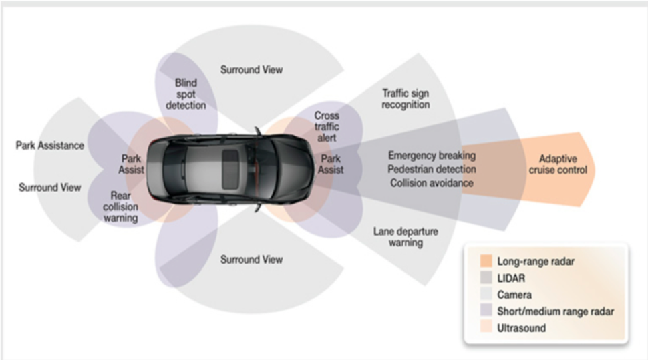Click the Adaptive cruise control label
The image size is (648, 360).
click(x=558, y=164)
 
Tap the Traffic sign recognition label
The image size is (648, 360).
click(x=406, y=99)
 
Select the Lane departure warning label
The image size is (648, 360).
click(x=406, y=237)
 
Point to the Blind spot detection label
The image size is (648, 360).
click(x=186, y=94)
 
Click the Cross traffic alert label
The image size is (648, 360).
click(x=327, y=126)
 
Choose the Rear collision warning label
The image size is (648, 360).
click(x=120, y=206)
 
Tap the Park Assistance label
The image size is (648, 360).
click(x=49, y=146)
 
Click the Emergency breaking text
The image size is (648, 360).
click(x=432, y=156)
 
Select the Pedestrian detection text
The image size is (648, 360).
click(x=432, y=169)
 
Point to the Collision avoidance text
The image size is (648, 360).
click(x=432, y=183)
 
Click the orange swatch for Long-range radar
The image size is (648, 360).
click(x=486, y=261)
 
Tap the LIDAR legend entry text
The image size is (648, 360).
click(x=511, y=278)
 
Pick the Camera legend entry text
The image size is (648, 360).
click(x=514, y=295)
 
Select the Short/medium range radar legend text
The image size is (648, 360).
click(x=555, y=311)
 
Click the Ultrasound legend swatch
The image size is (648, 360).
click(x=486, y=327)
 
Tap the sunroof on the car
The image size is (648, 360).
click(x=230, y=168)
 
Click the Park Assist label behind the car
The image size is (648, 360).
click(x=131, y=164)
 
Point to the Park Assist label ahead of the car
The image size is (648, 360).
click(x=331, y=164)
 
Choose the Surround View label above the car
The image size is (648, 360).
click(x=251, y=70)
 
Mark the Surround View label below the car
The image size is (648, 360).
click(x=251, y=260)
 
